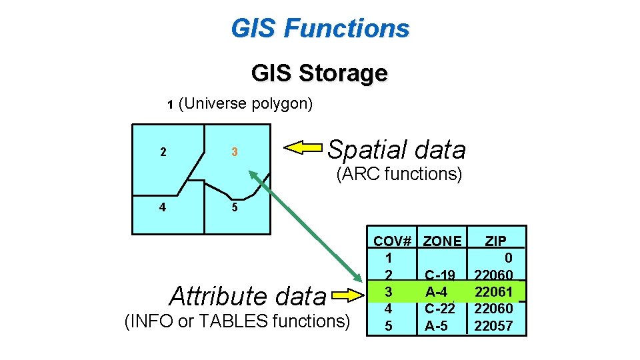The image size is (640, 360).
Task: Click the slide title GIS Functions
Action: [x=320, y=29]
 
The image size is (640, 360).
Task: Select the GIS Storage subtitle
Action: [x=319, y=73]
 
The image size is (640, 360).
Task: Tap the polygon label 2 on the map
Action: [x=163, y=152]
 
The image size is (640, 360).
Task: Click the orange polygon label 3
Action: [x=235, y=152]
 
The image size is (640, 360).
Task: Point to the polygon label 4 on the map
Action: [x=163, y=207]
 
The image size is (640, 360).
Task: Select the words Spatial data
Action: [x=396, y=150]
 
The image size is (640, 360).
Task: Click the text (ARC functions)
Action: [x=399, y=175]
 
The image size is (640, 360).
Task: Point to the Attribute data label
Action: [x=248, y=295]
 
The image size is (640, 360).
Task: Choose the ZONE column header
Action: [x=443, y=241]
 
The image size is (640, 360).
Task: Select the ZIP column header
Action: [x=495, y=241]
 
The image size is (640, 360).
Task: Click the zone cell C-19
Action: [x=439, y=275]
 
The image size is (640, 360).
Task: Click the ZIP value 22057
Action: [x=493, y=326]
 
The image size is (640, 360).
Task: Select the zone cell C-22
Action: [x=439, y=309]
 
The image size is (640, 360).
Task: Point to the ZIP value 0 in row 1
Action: [x=509, y=258]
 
